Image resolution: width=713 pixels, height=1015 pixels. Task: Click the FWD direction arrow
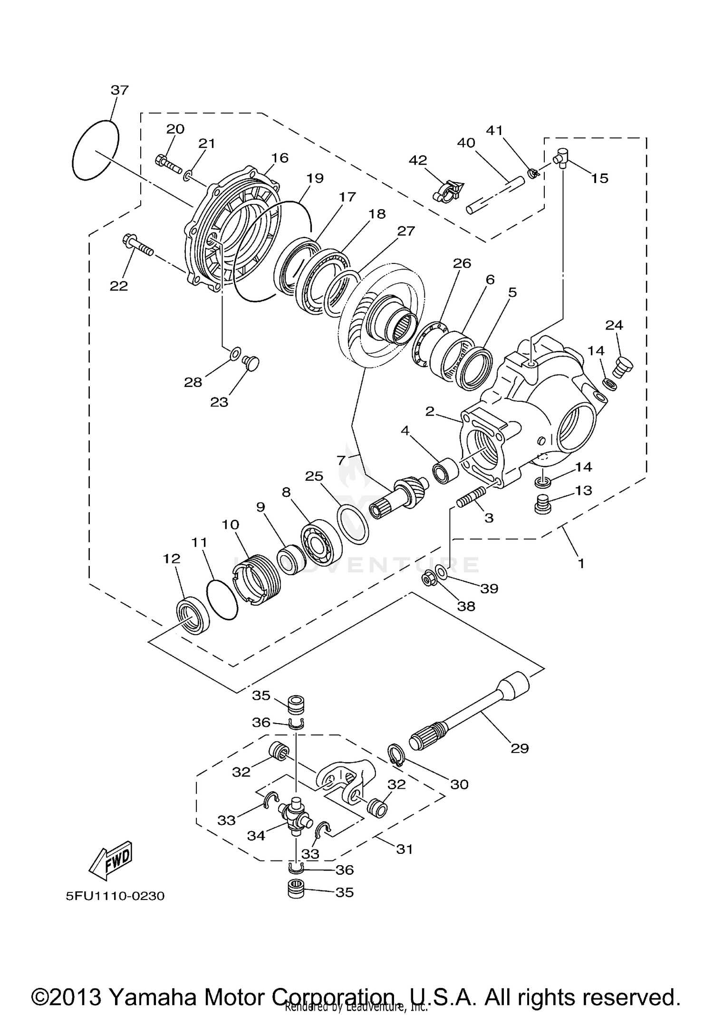(111, 860)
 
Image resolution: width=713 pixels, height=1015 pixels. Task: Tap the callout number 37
(120, 90)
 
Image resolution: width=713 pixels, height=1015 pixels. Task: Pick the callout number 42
(418, 161)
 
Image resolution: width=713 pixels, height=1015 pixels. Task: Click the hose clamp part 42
(448, 191)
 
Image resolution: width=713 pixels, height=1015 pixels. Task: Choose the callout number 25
(314, 476)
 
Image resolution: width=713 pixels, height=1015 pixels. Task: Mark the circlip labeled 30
(396, 755)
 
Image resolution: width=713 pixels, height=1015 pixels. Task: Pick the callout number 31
(405, 849)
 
